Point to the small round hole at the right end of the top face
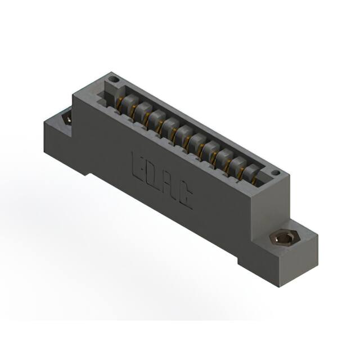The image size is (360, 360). pos(275,173)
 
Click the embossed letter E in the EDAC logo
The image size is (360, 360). pos(137,162)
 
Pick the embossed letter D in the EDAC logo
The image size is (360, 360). pos(152,173)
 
